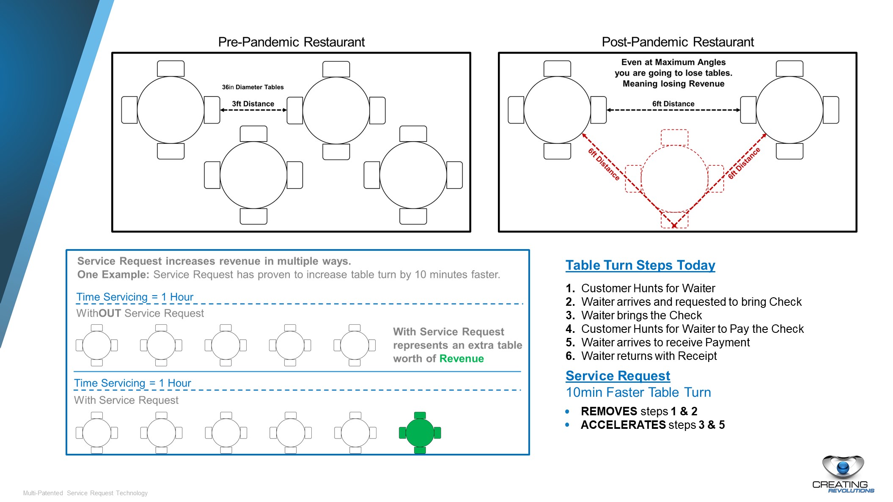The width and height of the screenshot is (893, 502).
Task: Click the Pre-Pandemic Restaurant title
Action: click(291, 42)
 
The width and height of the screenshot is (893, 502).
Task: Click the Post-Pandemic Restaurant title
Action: click(677, 42)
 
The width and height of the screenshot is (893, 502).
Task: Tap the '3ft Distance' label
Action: click(253, 104)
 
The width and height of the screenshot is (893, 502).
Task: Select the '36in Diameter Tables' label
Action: click(253, 87)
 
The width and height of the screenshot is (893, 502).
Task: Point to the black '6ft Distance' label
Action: click(673, 104)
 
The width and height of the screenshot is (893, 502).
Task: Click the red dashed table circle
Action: click(674, 179)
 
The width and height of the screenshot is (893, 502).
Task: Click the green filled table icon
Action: click(420, 433)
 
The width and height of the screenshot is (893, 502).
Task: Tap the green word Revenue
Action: click(462, 359)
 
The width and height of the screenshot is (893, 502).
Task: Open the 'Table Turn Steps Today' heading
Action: click(640, 265)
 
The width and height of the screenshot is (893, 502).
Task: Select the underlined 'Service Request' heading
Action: click(618, 376)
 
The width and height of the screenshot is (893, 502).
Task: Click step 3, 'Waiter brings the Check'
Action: click(641, 315)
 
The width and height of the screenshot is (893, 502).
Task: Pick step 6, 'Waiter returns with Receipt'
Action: click(649, 356)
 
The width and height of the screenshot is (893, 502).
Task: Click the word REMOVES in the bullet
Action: click(609, 411)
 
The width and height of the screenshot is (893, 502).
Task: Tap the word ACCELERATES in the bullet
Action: click(623, 425)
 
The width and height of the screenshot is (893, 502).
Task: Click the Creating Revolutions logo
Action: click(843, 474)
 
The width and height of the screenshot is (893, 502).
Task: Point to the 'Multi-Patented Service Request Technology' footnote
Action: click(85, 493)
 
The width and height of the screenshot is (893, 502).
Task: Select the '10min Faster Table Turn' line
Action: click(638, 392)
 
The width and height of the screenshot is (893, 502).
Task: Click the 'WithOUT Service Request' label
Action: click(140, 313)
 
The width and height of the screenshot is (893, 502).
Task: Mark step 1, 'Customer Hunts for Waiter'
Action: click(648, 288)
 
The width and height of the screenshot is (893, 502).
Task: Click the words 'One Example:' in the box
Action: click(113, 275)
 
